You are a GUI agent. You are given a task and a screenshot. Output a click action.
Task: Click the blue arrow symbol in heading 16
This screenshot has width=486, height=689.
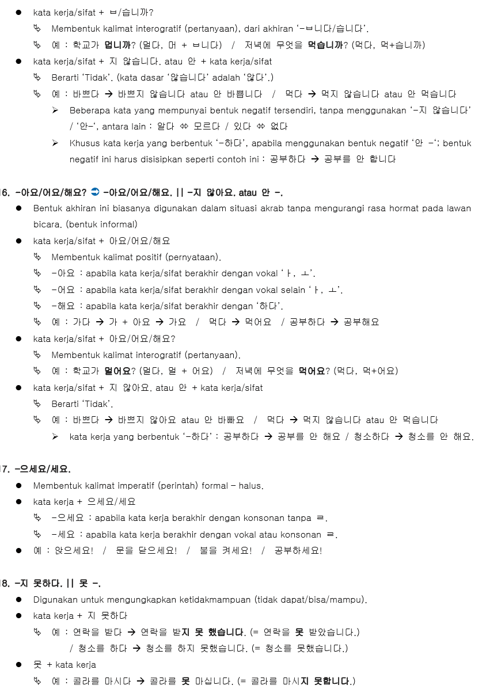coord(96,192)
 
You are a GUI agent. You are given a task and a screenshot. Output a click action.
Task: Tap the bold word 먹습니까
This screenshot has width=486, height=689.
coord(325,45)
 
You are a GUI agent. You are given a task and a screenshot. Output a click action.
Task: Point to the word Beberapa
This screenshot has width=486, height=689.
coord(89,110)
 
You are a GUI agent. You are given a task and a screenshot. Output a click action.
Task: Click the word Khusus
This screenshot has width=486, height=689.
coord(84,143)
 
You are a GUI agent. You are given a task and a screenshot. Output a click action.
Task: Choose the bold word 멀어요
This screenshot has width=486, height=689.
coord(117,371)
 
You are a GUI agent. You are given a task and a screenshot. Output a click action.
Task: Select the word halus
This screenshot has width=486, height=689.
coord(250,486)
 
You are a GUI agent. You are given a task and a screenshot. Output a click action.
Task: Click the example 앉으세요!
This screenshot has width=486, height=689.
coord(74,550)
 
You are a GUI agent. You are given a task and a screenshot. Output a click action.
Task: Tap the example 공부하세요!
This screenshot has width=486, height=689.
coord(298,550)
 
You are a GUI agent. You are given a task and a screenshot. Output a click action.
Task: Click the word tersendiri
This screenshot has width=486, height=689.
coord(291,110)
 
